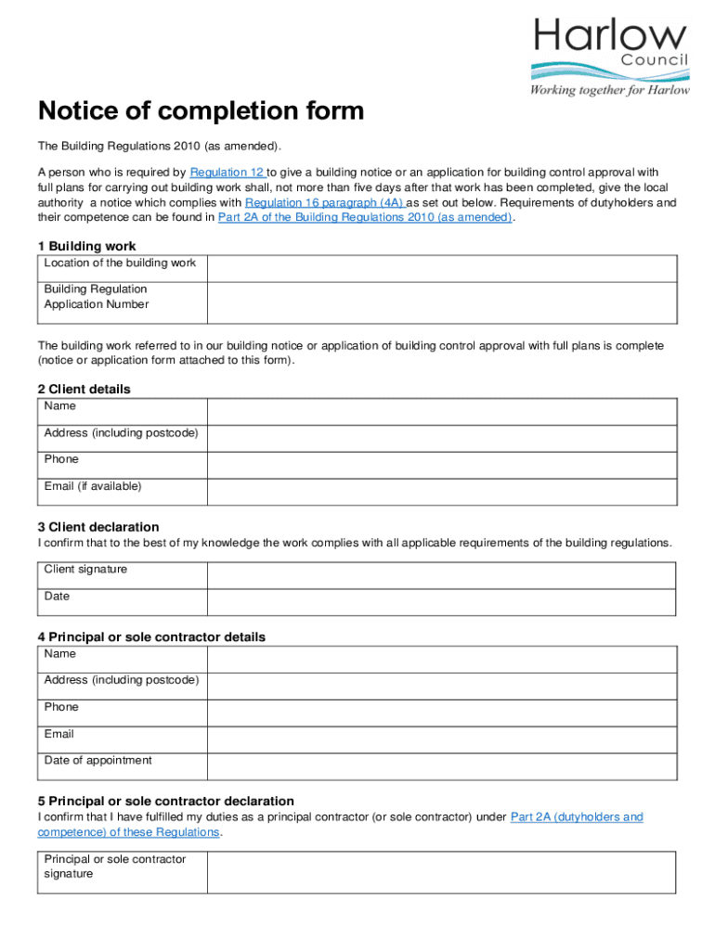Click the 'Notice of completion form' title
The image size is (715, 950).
click(201, 111)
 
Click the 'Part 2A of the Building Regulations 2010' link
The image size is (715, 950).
click(364, 217)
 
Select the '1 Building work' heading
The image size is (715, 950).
click(87, 246)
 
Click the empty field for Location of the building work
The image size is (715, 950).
click(441, 268)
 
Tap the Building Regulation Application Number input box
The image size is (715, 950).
click(441, 302)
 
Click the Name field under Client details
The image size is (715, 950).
click(441, 411)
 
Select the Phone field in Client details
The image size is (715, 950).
click(441, 464)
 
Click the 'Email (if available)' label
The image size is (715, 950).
click(93, 486)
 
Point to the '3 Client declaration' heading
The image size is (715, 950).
click(98, 527)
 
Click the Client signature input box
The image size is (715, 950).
click(441, 574)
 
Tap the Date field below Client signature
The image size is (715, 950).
click(441, 601)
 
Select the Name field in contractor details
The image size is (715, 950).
click(441, 659)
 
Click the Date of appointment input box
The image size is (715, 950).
click(441, 765)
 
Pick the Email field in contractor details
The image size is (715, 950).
click(441, 738)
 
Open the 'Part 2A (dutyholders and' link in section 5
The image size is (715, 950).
click(577, 817)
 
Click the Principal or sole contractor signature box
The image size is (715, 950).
click(441, 872)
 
